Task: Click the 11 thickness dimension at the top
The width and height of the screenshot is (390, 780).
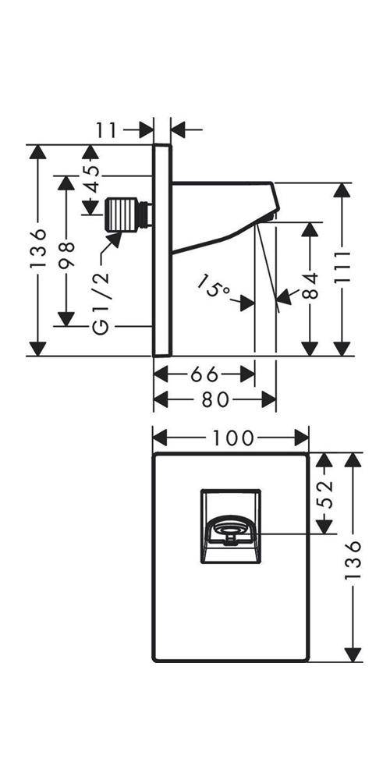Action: [x=105, y=129]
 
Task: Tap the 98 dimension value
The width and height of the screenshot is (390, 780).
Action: [x=66, y=256]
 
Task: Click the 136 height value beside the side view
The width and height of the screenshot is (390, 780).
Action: [x=37, y=249]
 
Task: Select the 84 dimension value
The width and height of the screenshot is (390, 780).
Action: [x=310, y=285]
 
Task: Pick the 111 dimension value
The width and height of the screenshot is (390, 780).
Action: [x=342, y=268]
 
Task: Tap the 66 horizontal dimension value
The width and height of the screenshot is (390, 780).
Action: [x=204, y=374]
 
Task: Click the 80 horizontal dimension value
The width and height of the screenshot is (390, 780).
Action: [x=215, y=399]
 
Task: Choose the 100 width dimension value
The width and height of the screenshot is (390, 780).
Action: [x=233, y=438]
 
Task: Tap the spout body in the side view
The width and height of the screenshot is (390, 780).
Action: [x=225, y=215]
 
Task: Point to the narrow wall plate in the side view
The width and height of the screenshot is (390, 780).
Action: [x=162, y=250]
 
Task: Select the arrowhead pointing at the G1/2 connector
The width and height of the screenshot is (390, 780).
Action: [x=115, y=240]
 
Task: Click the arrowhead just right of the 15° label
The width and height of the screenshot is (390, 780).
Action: [x=247, y=303]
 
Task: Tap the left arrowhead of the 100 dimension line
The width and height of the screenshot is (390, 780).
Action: [x=160, y=438]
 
